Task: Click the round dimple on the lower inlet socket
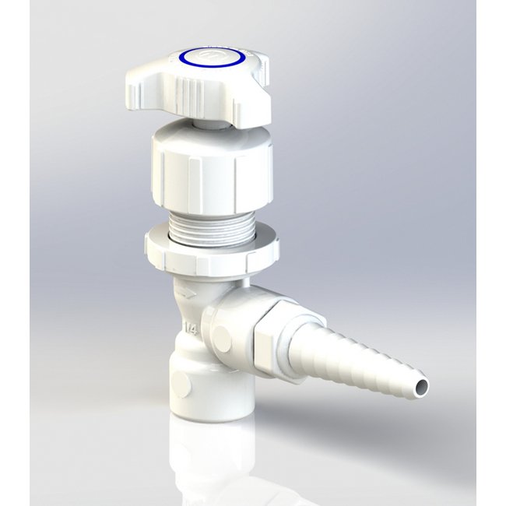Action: coord(179,382)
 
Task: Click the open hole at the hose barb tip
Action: coord(421,385)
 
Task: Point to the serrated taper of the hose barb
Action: coord(366,359)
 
